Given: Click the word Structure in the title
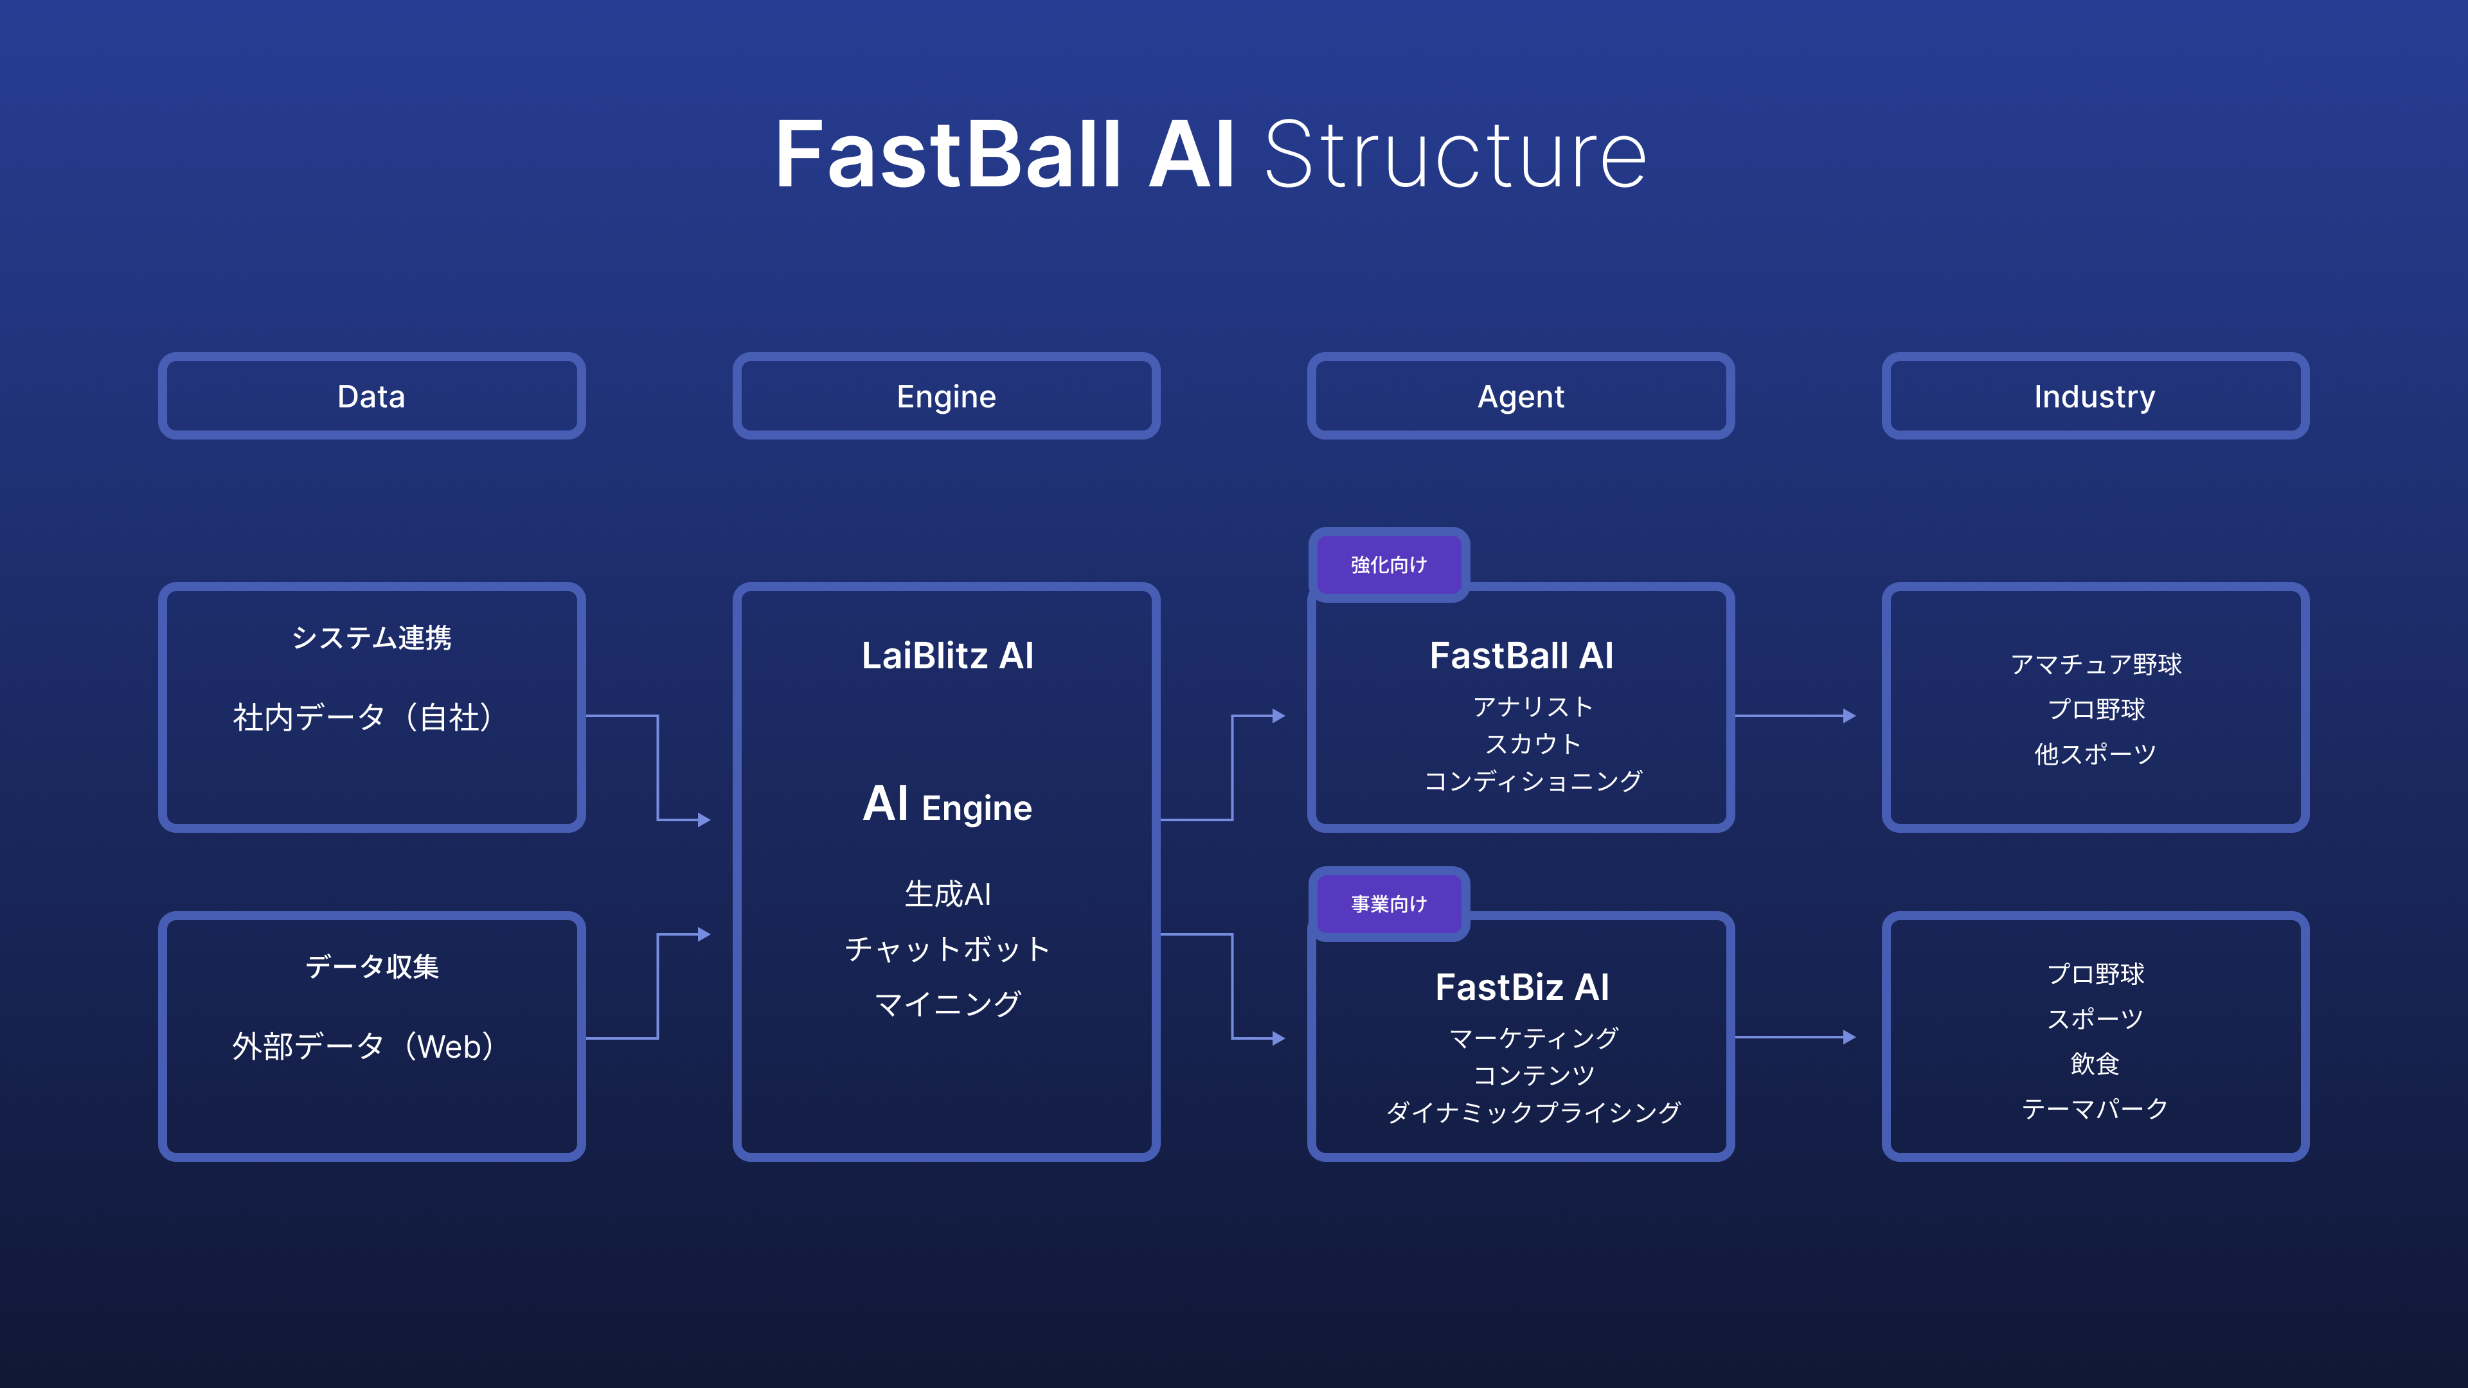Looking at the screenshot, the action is (1454, 155).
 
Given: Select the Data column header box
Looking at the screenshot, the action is (371, 396).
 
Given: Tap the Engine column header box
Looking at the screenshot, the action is (947, 396).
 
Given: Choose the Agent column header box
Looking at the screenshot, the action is (1521, 396).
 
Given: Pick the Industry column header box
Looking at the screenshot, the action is (2095, 396).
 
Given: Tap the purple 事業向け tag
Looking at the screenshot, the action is (1388, 904).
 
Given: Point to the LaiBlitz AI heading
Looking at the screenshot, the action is (947, 656).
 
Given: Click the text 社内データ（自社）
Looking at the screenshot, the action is (364, 716).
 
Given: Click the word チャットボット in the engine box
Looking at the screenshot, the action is (947, 949).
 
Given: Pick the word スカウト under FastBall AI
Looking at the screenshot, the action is (1533, 744).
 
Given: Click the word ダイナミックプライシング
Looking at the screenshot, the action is (1533, 1112).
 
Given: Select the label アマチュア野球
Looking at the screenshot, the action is (2095, 664).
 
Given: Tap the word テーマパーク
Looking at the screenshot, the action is (2095, 1108).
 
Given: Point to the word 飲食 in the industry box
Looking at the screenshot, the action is (2095, 1063).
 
